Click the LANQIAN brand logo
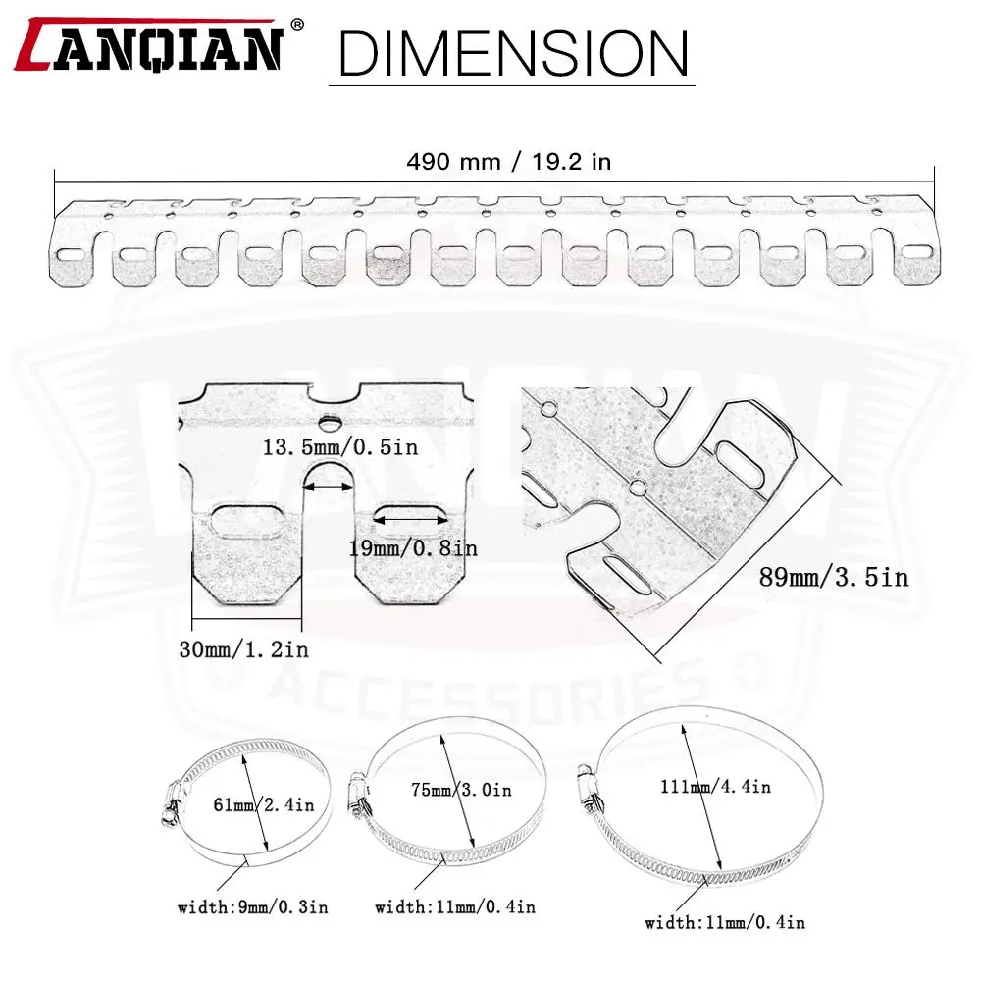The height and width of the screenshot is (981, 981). [149, 45]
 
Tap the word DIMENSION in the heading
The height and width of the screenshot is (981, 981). [513, 54]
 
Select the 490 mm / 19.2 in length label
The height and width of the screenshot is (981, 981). [508, 162]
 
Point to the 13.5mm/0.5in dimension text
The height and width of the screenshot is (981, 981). [339, 447]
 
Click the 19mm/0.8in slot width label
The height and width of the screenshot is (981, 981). [413, 548]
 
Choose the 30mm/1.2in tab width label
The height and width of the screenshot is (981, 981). [244, 649]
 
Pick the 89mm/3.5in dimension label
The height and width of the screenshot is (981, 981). [833, 577]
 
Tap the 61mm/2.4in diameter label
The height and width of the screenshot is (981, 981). [263, 804]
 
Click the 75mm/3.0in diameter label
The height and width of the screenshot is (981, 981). [461, 790]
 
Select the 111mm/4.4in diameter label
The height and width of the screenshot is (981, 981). [715, 787]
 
